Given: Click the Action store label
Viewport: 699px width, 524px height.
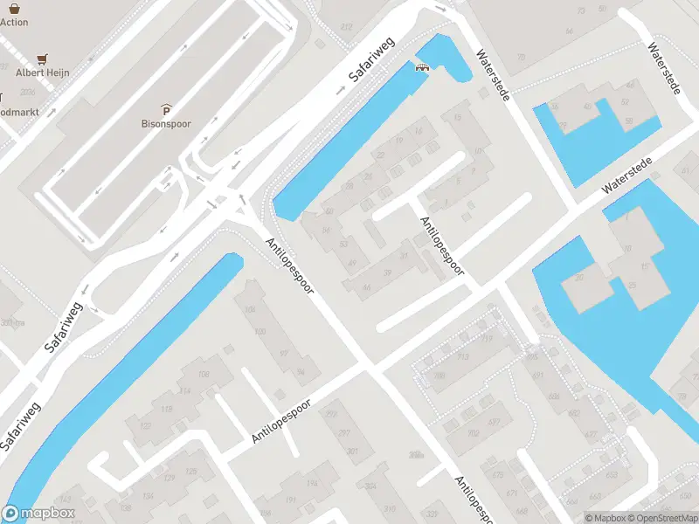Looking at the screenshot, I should pyautogui.click(x=14, y=22).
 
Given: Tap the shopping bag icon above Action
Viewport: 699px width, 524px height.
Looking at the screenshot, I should pyautogui.click(x=14, y=6).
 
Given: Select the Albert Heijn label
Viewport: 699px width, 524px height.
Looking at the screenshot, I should pyautogui.click(x=42, y=72).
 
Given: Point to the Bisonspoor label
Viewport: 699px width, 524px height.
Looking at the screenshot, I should pyautogui.click(x=166, y=124).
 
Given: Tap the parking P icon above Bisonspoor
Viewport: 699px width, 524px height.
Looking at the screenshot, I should pyautogui.click(x=166, y=109).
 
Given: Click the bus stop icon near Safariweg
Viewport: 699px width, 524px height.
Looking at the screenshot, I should pyautogui.click(x=423, y=67).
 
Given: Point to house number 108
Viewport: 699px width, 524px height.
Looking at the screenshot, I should pyautogui.click(x=204, y=375).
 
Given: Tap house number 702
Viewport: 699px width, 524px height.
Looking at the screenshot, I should pyautogui.click(x=473, y=433).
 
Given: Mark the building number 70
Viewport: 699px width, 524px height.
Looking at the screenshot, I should pyautogui.click(x=522, y=58).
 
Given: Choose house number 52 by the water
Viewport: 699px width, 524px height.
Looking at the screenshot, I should pyautogui.click(x=625, y=102).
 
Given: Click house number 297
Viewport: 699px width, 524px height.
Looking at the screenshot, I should pyautogui.click(x=344, y=432).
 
